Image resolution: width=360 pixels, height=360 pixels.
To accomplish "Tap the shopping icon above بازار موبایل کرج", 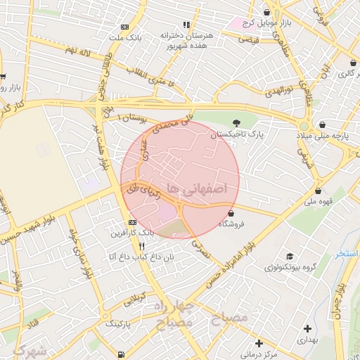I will point(266,12).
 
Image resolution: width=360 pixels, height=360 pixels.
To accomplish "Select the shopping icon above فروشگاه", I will point(231,213).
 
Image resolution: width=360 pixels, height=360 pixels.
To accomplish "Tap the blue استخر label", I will point(347,253).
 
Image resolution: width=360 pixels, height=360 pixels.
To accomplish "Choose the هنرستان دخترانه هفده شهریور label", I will point(184,39).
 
